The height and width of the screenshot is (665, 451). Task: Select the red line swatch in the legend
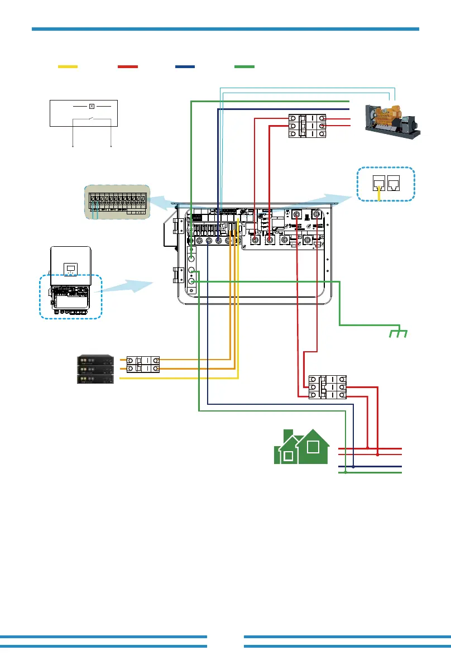tap(128, 66)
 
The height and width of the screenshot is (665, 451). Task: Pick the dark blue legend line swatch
tap(185, 66)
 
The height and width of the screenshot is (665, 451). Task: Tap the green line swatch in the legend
tap(244, 66)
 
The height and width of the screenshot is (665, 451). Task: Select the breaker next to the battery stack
tap(143, 364)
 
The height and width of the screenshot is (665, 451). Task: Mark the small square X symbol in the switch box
tap(92, 105)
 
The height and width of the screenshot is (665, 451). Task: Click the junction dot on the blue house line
tap(353, 466)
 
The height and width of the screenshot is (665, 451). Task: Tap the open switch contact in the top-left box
tap(92, 119)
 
